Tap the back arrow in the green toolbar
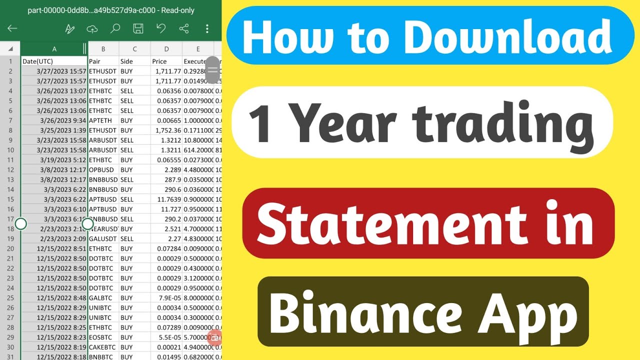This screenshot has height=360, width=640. tap(12, 28)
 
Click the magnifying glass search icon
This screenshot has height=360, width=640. tap(115, 28)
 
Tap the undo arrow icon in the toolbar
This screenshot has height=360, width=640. tap(161, 28)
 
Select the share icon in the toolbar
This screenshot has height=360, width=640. tap(184, 28)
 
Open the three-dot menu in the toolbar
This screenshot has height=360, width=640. tap(207, 28)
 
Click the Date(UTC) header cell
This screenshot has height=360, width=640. tap(54, 61)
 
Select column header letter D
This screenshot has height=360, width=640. tap(166, 48)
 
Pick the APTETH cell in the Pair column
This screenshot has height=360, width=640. tap(103, 120)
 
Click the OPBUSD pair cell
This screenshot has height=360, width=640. tap(103, 169)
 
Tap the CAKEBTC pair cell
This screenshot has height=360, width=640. tap(103, 347)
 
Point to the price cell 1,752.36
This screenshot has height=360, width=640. tap(167, 130)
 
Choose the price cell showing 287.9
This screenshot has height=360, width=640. tap(167, 179)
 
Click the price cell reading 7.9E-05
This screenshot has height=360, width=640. tap(167, 298)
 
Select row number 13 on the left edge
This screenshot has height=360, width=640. tap(10, 179)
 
